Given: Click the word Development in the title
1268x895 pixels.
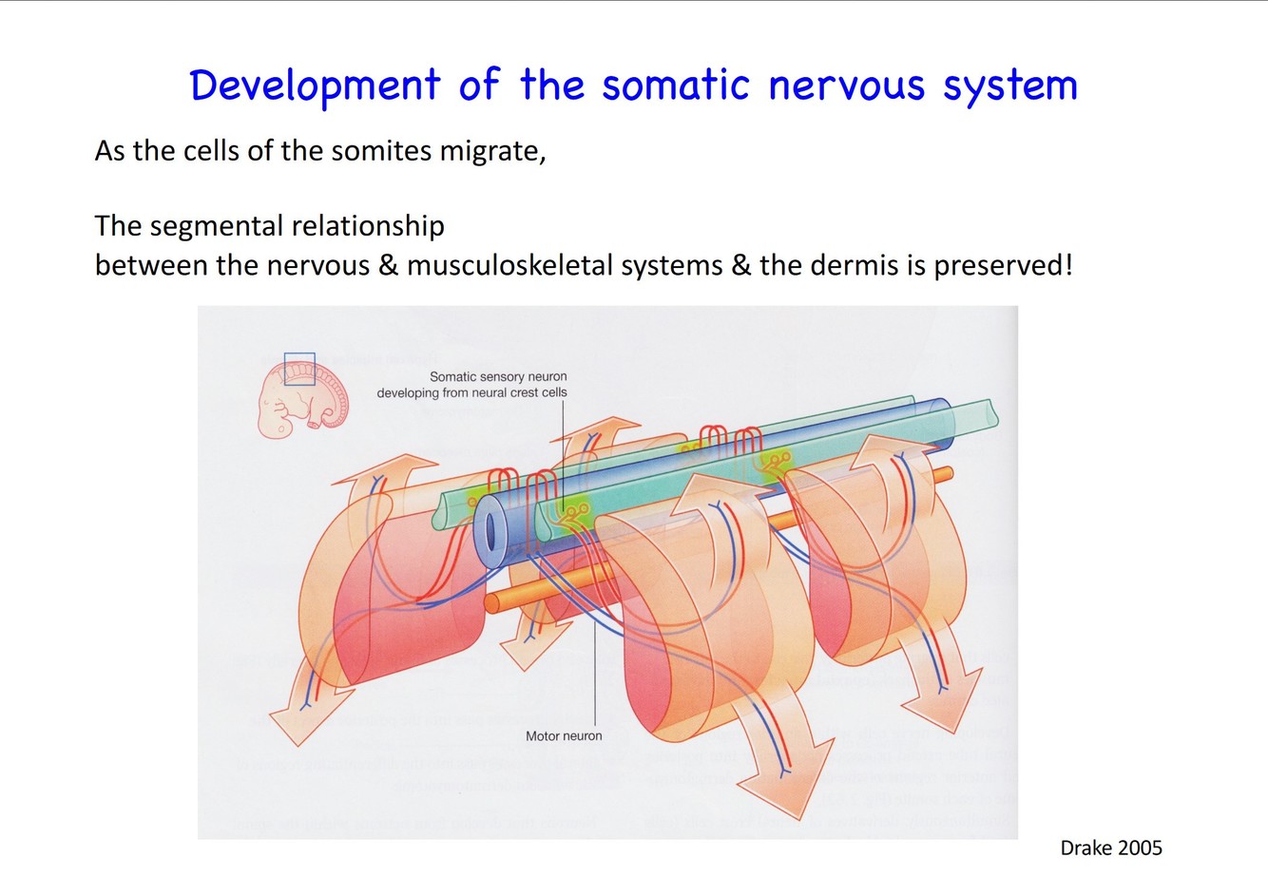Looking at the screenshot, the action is pyautogui.click(x=315, y=86).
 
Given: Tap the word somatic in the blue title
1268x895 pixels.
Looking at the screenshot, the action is pyautogui.click(x=676, y=86).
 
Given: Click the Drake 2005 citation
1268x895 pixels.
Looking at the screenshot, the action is pyautogui.click(x=1110, y=847).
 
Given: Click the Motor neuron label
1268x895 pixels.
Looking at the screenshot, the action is pyautogui.click(x=564, y=735).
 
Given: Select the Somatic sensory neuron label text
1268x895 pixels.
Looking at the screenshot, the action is pyautogui.click(x=497, y=377).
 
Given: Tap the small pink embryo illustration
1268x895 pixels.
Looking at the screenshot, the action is pyautogui.click(x=303, y=399).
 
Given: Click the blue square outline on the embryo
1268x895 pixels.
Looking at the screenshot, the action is pyautogui.click(x=299, y=369).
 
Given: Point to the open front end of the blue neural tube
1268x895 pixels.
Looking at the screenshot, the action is pyautogui.click(x=492, y=530).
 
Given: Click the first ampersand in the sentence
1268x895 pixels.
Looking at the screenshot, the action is pyautogui.click(x=388, y=265).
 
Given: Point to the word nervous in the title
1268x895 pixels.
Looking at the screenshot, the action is pyautogui.click(x=846, y=86).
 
